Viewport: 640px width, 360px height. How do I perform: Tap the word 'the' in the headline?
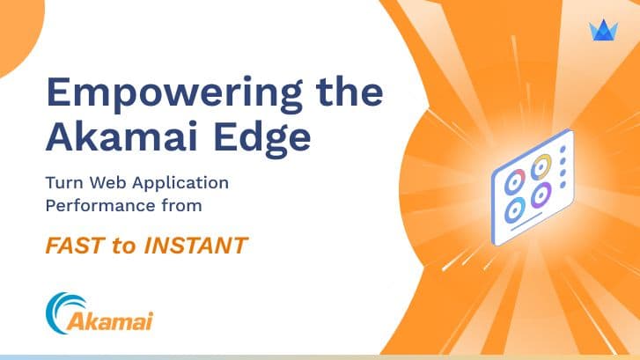click(x=349, y=91)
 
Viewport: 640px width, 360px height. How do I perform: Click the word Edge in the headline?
click(x=262, y=139)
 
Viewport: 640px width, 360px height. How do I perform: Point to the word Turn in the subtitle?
click(x=63, y=183)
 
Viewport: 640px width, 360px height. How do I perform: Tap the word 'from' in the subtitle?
click(x=181, y=206)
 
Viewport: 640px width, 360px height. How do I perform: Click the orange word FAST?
click(x=73, y=246)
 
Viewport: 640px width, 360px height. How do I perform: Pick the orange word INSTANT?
click(x=196, y=246)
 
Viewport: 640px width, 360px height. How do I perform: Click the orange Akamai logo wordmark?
click(x=110, y=321)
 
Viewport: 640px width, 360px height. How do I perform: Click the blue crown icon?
click(x=603, y=30)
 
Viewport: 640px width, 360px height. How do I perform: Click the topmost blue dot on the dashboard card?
click(x=563, y=150)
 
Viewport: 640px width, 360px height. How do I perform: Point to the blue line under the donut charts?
click(x=526, y=221)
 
